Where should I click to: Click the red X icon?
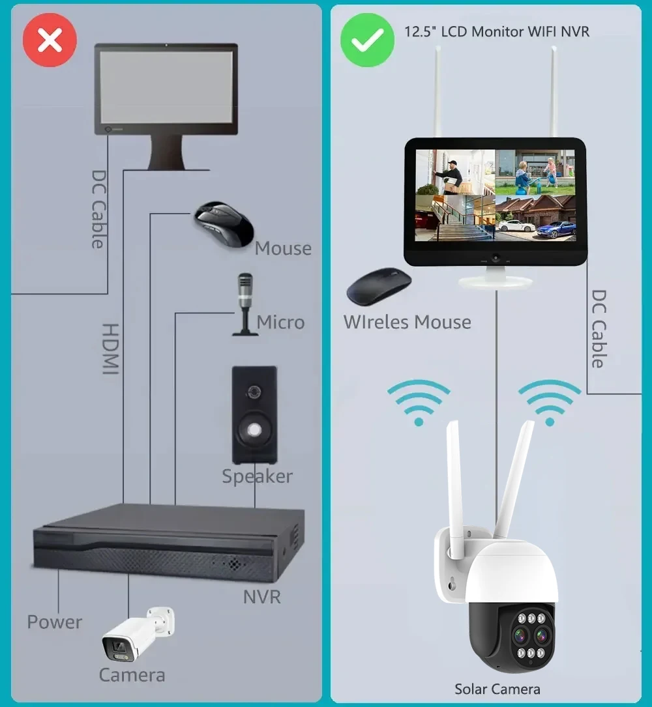click(50, 40)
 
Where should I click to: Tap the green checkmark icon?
click(367, 40)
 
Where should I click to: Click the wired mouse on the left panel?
click(224, 224)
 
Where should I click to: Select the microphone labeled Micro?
click(245, 304)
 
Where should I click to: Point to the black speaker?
click(254, 415)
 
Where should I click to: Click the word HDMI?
click(111, 349)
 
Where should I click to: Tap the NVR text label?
click(261, 597)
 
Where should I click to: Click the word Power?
click(55, 622)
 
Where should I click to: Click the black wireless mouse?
click(379, 285)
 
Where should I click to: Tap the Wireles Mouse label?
click(407, 323)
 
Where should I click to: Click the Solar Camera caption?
click(497, 689)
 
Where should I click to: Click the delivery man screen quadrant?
click(455, 172)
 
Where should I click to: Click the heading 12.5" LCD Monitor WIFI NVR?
click(497, 31)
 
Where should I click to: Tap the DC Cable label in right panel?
click(599, 328)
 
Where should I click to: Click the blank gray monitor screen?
click(166, 87)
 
